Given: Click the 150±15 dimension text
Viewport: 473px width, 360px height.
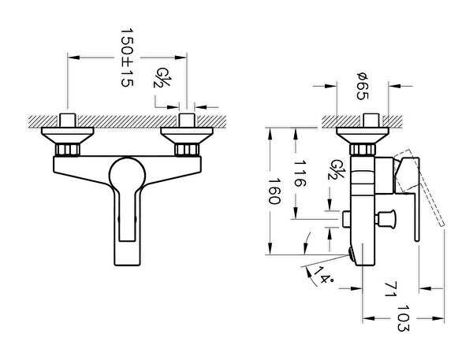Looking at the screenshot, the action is click(x=127, y=58).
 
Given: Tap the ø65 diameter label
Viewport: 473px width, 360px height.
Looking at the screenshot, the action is click(x=363, y=86).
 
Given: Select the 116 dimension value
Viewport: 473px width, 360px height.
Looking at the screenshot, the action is click(x=300, y=173).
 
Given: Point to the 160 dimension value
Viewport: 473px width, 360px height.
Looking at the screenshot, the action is click(x=274, y=191).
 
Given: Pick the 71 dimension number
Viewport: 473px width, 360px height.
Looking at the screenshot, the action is click(x=391, y=289).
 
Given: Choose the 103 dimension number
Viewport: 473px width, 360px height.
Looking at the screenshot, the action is click(x=404, y=318).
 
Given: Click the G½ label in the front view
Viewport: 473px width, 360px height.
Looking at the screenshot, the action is click(x=162, y=77).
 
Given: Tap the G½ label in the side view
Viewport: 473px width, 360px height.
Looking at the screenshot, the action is click(x=337, y=169).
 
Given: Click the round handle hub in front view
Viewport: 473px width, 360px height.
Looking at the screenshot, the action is click(x=127, y=174).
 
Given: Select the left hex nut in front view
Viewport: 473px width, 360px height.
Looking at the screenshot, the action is click(x=67, y=150).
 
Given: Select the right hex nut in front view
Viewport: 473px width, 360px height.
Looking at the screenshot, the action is click(x=187, y=150).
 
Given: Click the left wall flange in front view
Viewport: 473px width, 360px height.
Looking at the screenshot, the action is click(x=68, y=135).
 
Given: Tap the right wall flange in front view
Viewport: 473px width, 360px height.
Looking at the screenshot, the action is click(x=187, y=135).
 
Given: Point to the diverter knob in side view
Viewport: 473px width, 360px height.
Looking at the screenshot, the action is click(x=385, y=219).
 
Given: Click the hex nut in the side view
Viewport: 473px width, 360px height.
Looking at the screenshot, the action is click(x=363, y=150).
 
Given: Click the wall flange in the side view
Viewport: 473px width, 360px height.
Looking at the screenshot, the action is click(x=363, y=135).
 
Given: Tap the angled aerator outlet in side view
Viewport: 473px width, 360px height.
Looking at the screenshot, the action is click(x=352, y=254).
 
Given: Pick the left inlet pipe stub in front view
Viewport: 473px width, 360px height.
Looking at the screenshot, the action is click(x=67, y=121).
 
